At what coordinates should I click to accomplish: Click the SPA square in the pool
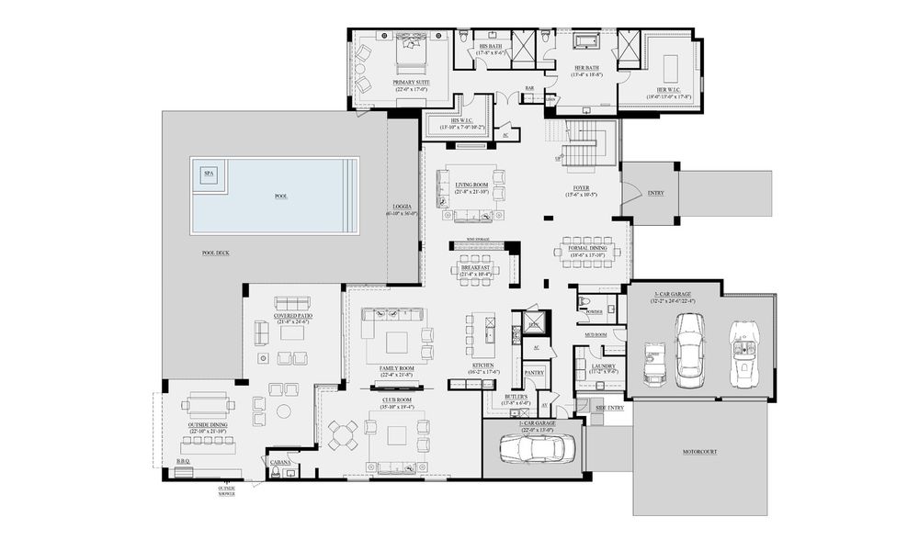point(209,173)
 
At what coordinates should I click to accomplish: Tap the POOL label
point(281,197)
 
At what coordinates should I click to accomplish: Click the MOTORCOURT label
point(699,452)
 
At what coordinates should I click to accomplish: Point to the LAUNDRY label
point(604,365)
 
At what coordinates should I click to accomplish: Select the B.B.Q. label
point(182,462)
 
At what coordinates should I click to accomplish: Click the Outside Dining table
point(209,405)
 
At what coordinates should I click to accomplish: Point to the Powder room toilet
point(584,300)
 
